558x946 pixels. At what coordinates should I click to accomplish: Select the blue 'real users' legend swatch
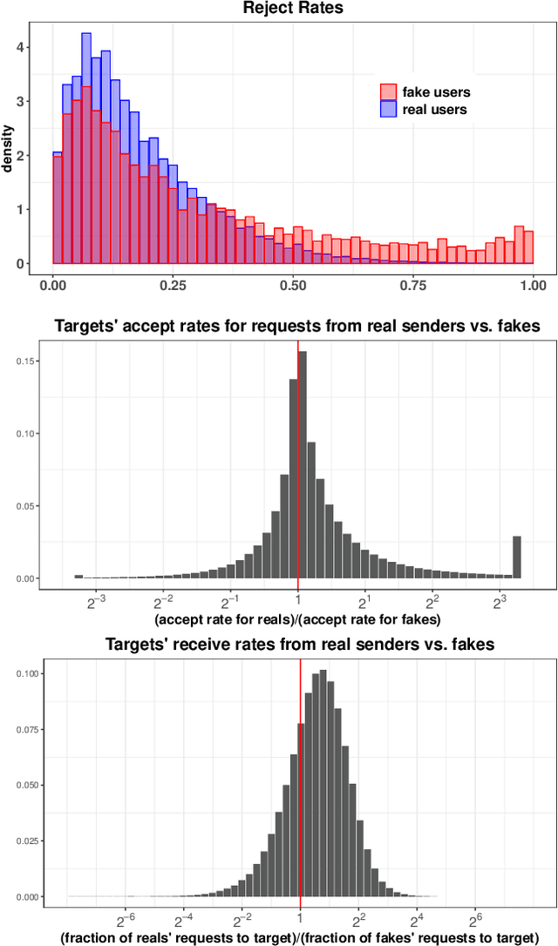(x=388, y=109)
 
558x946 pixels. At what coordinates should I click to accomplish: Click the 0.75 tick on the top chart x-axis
(x=412, y=284)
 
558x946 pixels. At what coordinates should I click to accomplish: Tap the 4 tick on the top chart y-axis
(x=31, y=47)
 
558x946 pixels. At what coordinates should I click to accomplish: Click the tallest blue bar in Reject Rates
(x=86, y=148)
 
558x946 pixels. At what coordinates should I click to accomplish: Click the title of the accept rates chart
(x=297, y=327)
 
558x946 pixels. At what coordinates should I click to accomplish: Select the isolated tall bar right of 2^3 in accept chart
(x=517, y=557)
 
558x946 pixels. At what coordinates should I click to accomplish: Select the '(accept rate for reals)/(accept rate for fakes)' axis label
(x=296, y=619)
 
